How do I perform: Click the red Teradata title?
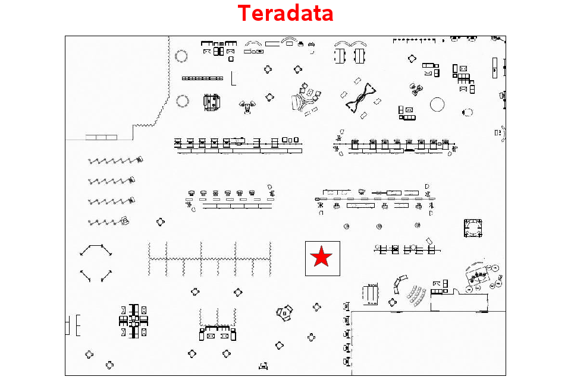(285, 13)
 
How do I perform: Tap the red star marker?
(321, 257)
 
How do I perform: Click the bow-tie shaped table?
(361, 97)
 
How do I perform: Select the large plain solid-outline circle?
(437, 105)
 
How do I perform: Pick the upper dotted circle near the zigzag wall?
(181, 56)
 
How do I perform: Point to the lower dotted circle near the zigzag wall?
(183, 101)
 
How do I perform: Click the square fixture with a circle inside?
(473, 228)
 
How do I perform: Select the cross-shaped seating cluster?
(134, 321)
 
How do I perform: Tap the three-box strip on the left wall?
(101, 137)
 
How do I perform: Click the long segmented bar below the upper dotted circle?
(202, 78)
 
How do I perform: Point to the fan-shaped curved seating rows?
(416, 296)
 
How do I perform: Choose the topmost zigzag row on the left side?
(115, 160)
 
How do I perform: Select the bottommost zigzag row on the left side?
(108, 221)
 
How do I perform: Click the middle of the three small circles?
(379, 226)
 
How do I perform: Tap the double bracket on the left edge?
(73, 325)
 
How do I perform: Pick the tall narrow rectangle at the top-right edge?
(494, 68)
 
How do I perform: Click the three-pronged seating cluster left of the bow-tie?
(305, 99)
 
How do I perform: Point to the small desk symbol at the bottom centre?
(263, 366)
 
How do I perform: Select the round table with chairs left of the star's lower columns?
(285, 313)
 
